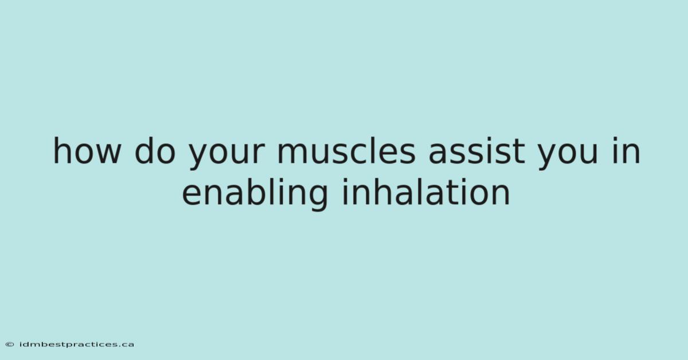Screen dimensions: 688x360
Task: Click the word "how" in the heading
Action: (87, 151)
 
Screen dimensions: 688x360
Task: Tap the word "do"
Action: (155, 151)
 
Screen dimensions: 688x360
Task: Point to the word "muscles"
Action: (346, 151)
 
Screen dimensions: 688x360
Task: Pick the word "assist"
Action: (476, 151)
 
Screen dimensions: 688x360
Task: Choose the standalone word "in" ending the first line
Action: (626, 151)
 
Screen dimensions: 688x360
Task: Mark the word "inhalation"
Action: (425, 191)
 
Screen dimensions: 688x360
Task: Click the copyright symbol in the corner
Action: (10, 345)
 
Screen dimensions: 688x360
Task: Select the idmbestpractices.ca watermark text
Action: (77, 345)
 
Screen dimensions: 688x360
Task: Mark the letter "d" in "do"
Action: (144, 151)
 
